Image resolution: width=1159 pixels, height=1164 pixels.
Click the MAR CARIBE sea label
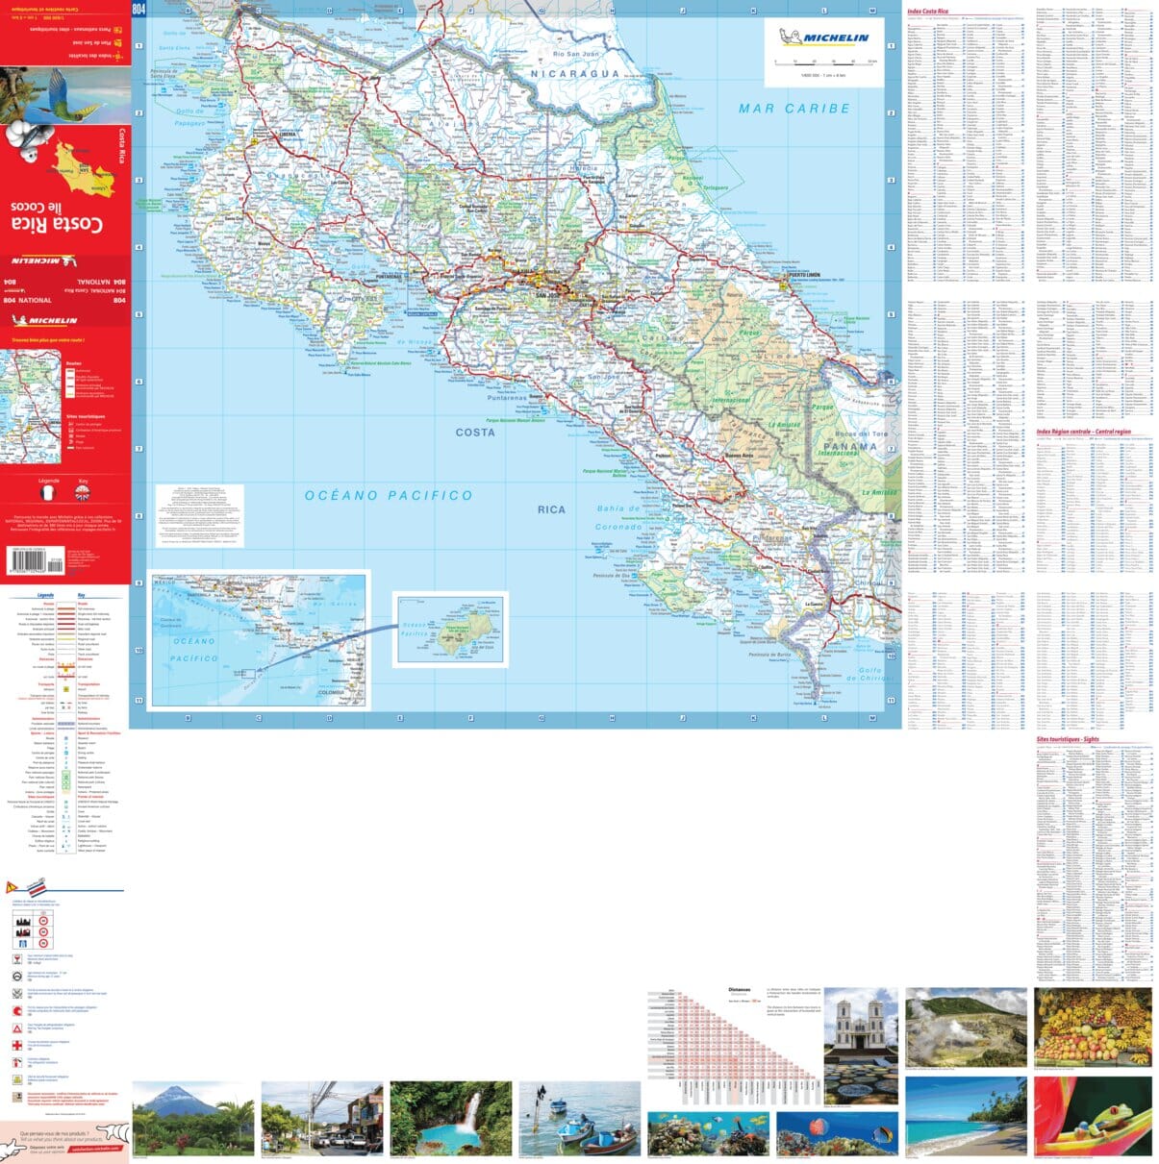point(794,109)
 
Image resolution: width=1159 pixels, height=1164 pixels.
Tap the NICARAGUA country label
point(575,74)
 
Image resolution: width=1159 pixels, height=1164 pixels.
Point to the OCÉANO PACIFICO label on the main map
point(389,495)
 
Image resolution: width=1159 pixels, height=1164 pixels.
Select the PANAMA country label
point(850,446)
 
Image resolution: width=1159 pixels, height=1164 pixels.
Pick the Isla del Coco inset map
point(450,630)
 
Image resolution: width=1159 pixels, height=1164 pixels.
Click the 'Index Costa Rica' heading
point(928,12)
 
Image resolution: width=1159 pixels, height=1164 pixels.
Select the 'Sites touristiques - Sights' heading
point(1067,739)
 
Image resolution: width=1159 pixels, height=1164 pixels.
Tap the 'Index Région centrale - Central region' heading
point(1083,433)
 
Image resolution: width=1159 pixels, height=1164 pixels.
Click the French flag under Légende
point(49,493)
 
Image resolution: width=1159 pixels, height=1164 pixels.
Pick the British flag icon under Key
point(83,493)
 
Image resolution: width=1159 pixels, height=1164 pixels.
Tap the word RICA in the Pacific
point(551,509)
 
